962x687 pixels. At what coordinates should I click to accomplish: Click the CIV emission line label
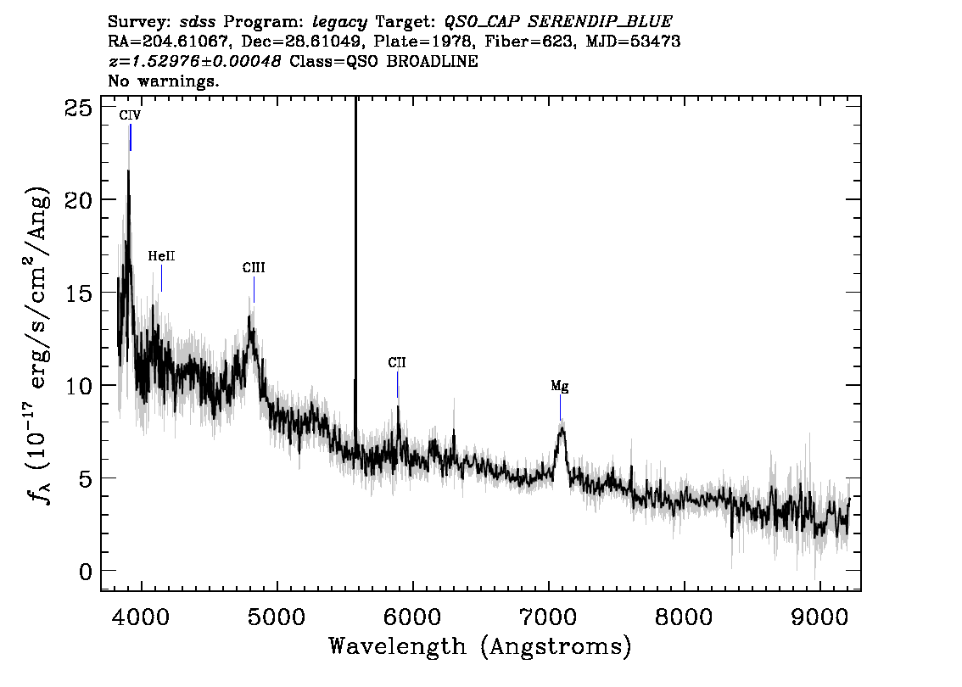pos(130,115)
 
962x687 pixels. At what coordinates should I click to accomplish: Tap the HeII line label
pos(161,256)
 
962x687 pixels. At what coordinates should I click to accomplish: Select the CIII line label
pos(254,267)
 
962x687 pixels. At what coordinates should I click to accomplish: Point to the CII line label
pos(397,362)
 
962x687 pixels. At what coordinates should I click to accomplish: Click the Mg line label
pos(560,387)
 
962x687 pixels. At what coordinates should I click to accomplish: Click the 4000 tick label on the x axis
pos(142,617)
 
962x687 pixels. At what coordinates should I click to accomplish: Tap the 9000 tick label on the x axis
pos(819,617)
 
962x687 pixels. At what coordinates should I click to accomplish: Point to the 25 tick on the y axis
pos(79,108)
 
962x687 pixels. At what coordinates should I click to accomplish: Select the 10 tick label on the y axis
pos(79,386)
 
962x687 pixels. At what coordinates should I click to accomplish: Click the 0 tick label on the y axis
pos(86,572)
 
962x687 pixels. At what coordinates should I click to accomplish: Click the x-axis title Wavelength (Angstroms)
pos(480,646)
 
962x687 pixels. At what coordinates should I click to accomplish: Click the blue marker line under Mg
pos(560,407)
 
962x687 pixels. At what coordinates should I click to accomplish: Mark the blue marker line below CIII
pos(254,289)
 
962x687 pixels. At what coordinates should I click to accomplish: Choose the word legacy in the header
pos(340,23)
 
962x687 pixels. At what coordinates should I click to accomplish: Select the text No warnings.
pos(163,81)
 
